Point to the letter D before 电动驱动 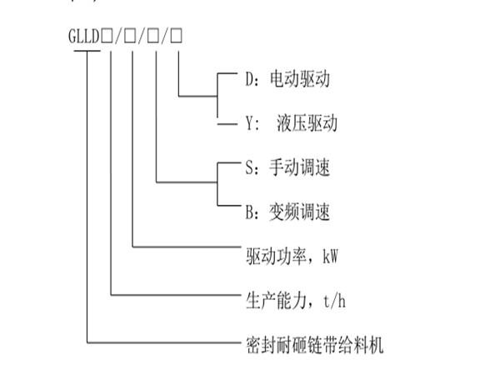click(x=249, y=81)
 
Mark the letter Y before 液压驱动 click(x=249, y=125)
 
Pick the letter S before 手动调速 click(x=249, y=169)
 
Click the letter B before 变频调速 click(x=249, y=213)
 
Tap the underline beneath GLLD click(x=85, y=51)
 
